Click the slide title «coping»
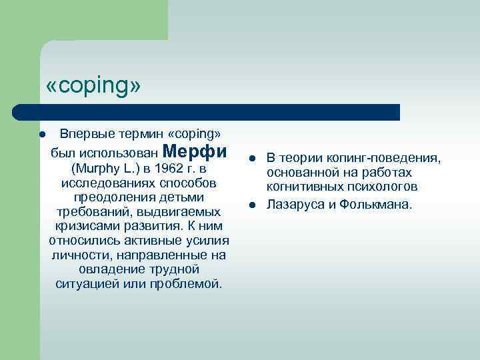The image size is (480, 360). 93,87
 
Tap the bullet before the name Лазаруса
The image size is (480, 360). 253,204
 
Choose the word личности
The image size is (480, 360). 76,255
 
